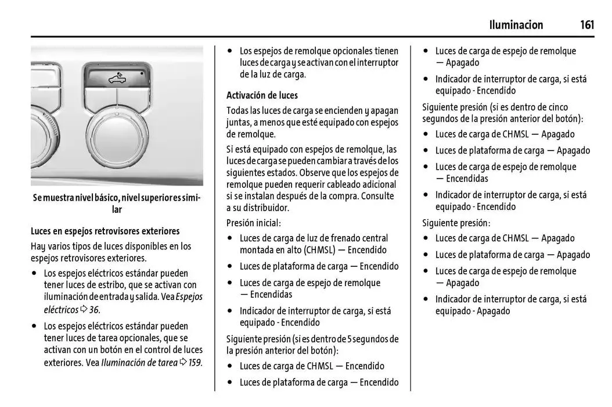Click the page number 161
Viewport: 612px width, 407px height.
click(x=586, y=25)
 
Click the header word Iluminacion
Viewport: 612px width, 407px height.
click(x=516, y=25)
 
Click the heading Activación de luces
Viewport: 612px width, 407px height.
click(x=262, y=95)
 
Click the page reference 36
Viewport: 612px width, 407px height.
click(x=94, y=309)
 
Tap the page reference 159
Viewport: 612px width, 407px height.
click(x=195, y=362)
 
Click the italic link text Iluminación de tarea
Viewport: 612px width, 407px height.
click(x=139, y=362)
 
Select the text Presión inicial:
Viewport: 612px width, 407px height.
click(x=254, y=222)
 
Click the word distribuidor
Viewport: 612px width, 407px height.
click(x=264, y=208)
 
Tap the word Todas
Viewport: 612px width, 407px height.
click(x=237, y=110)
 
